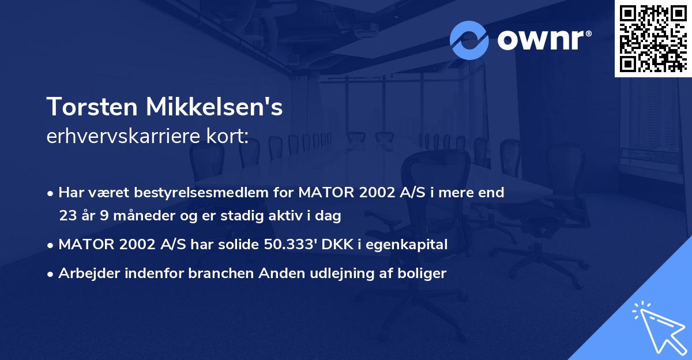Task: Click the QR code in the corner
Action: tap(653, 39)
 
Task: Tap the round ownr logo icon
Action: tap(469, 40)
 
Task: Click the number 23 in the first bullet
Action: tap(67, 216)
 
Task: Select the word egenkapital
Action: tap(412, 245)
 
